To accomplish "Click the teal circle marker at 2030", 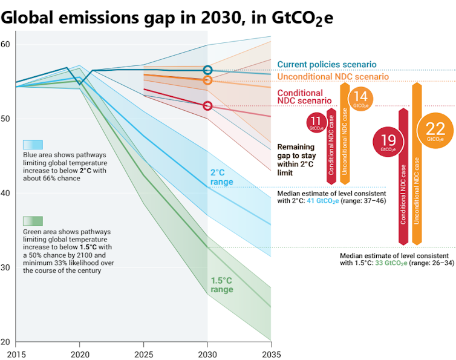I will [x=207, y=70].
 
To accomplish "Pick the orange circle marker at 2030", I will [x=207, y=80].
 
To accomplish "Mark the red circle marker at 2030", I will [x=207, y=106].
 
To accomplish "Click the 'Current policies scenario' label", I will [x=327, y=65].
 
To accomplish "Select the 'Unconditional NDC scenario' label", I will [x=333, y=77].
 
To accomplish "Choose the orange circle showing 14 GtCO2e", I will [x=360, y=98].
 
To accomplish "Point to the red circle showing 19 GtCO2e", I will [x=388, y=142].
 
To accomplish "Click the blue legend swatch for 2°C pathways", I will [x=32, y=145].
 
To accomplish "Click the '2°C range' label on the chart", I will [x=221, y=177].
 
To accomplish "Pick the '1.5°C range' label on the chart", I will [x=221, y=285].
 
